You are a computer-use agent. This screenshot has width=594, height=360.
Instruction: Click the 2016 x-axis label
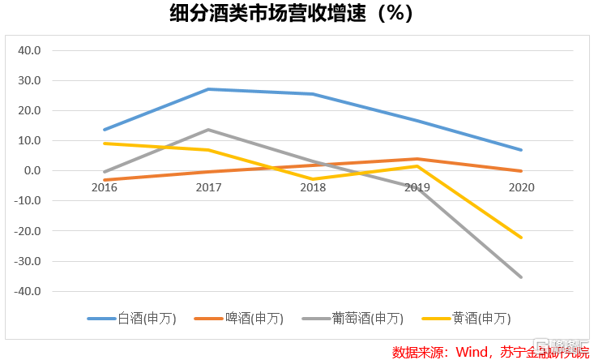tap(104, 187)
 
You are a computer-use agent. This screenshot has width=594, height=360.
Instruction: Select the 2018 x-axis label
tap(313, 187)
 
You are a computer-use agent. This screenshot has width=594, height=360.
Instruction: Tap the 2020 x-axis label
tap(521, 187)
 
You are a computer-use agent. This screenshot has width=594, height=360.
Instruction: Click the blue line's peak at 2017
tap(208, 89)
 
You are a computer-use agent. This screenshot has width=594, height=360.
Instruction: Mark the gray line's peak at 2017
tap(208, 130)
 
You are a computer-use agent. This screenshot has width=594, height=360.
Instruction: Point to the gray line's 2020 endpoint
tap(521, 277)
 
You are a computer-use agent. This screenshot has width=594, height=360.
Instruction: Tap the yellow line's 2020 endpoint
tap(521, 238)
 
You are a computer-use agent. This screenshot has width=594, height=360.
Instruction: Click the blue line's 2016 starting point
tap(105, 130)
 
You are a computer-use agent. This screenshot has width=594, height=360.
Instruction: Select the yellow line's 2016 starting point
tap(105, 144)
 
